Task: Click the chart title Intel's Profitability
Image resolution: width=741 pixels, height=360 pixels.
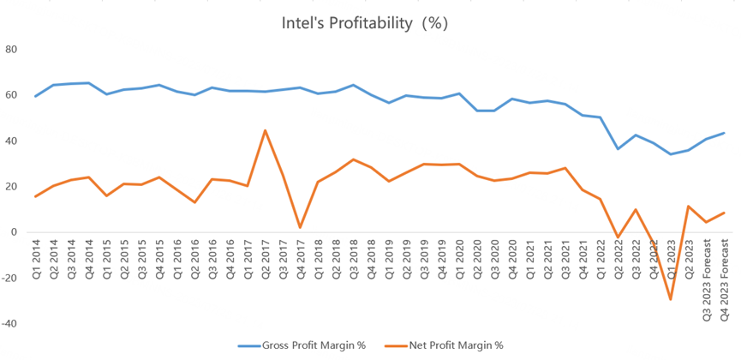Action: click(365, 23)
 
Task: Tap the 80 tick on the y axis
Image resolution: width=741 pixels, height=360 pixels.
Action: click(12, 49)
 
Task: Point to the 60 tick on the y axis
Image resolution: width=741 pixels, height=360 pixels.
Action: click(12, 94)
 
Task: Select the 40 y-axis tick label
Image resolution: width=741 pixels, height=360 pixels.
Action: click(12, 141)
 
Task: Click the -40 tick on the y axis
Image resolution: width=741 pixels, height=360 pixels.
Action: click(10, 324)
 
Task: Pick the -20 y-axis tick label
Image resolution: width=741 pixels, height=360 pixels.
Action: click(10, 278)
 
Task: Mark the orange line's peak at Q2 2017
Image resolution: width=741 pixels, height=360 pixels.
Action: click(266, 130)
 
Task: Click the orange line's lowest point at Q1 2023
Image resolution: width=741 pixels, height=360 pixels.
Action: click(671, 299)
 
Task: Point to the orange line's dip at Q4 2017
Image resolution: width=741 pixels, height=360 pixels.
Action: click(301, 227)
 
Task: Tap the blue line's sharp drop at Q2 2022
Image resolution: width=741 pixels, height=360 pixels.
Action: click(618, 149)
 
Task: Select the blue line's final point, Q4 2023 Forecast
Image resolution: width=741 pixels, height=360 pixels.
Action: click(724, 133)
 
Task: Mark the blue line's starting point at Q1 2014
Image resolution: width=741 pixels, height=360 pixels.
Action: click(36, 96)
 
